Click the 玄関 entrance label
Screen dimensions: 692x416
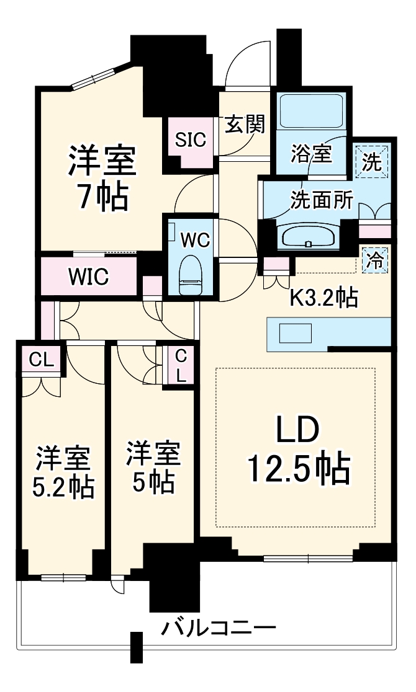(244, 125)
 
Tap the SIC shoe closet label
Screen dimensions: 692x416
(189, 140)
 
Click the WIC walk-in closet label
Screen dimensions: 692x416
(88, 277)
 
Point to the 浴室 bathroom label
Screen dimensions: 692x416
(312, 153)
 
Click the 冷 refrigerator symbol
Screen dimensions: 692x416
(374, 259)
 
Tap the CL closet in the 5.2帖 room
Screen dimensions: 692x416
(40, 361)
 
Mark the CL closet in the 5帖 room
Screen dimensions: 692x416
(179, 365)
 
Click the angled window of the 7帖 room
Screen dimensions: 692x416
(93, 77)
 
